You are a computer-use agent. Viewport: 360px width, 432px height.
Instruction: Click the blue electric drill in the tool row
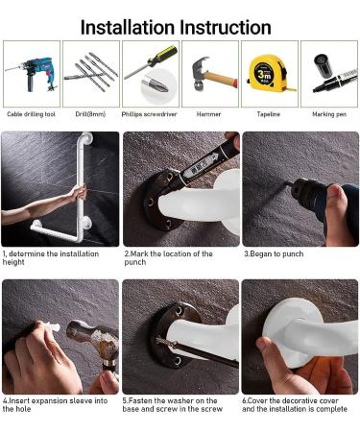click(31, 73)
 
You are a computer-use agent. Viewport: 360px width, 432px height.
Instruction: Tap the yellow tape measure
click(270, 73)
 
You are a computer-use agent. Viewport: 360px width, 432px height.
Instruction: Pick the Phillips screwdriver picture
click(151, 73)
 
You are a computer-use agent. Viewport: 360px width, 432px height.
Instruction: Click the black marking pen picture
click(329, 75)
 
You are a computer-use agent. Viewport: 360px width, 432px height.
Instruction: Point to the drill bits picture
click(91, 73)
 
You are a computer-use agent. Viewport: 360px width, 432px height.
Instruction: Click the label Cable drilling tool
click(31, 114)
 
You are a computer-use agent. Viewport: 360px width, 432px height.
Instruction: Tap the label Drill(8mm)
click(90, 114)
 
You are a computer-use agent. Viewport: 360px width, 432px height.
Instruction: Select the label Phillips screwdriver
click(151, 114)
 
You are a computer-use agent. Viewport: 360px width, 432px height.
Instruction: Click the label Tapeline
click(270, 114)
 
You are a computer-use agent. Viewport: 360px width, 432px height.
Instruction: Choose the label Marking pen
click(329, 114)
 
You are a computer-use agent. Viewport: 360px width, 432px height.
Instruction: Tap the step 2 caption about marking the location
click(169, 258)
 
